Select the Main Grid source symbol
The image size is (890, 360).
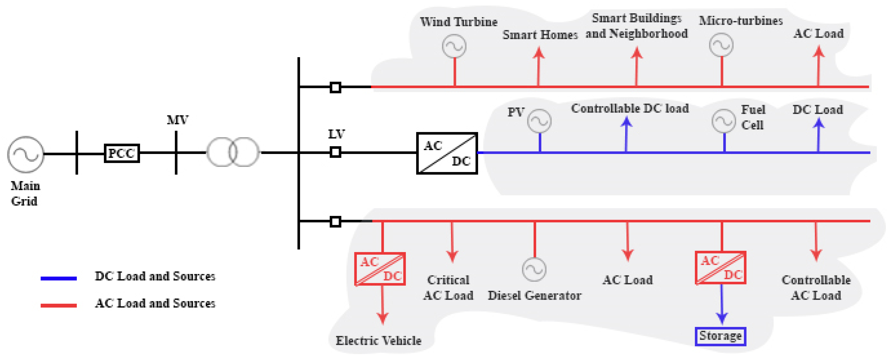(26, 154)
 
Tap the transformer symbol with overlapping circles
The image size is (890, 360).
(233, 152)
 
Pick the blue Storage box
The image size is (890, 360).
(720, 336)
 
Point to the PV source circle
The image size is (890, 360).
(539, 121)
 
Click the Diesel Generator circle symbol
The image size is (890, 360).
(534, 270)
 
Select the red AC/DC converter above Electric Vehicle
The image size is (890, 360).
(380, 269)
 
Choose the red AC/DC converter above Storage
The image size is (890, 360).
(720, 268)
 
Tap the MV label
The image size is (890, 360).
(178, 120)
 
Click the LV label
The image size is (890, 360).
(336, 134)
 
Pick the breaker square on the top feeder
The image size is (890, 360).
(335, 87)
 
